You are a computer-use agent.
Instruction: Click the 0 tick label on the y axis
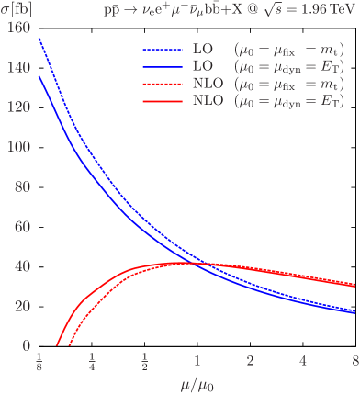coord(24,346)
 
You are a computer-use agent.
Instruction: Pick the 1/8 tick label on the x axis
coord(39,360)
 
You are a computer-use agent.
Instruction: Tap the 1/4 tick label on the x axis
coord(92,360)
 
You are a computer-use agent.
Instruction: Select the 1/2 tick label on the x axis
coord(144,360)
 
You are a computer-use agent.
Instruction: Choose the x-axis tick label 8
coord(355,359)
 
